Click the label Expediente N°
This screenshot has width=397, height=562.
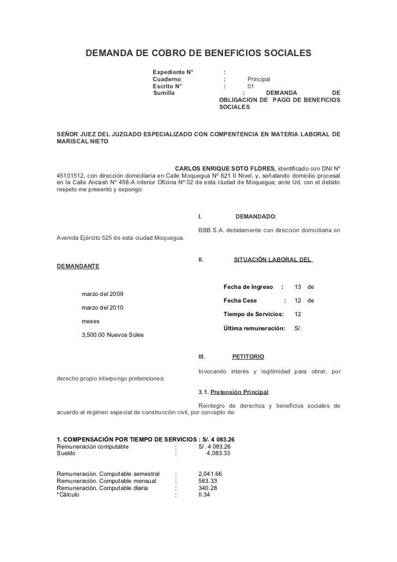[173, 72]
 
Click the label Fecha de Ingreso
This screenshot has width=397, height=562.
[248, 287]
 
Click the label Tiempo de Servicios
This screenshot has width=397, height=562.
[254, 315]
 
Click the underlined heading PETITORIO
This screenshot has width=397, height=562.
[248, 356]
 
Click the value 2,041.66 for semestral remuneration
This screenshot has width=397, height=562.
[210, 474]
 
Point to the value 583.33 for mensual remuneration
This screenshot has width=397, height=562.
[208, 481]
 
